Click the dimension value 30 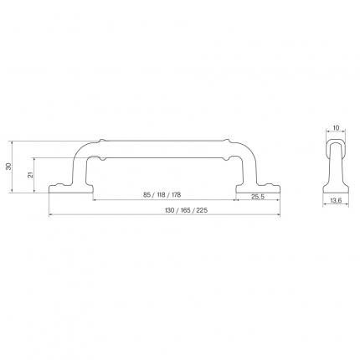pos(9,167)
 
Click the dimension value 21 pos(31,175)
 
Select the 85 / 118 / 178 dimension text pos(162,195)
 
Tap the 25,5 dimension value pos(258,197)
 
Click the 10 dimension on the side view pos(336,128)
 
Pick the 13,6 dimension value pos(336,200)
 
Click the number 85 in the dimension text pos(147,195)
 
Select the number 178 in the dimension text pos(176,195)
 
